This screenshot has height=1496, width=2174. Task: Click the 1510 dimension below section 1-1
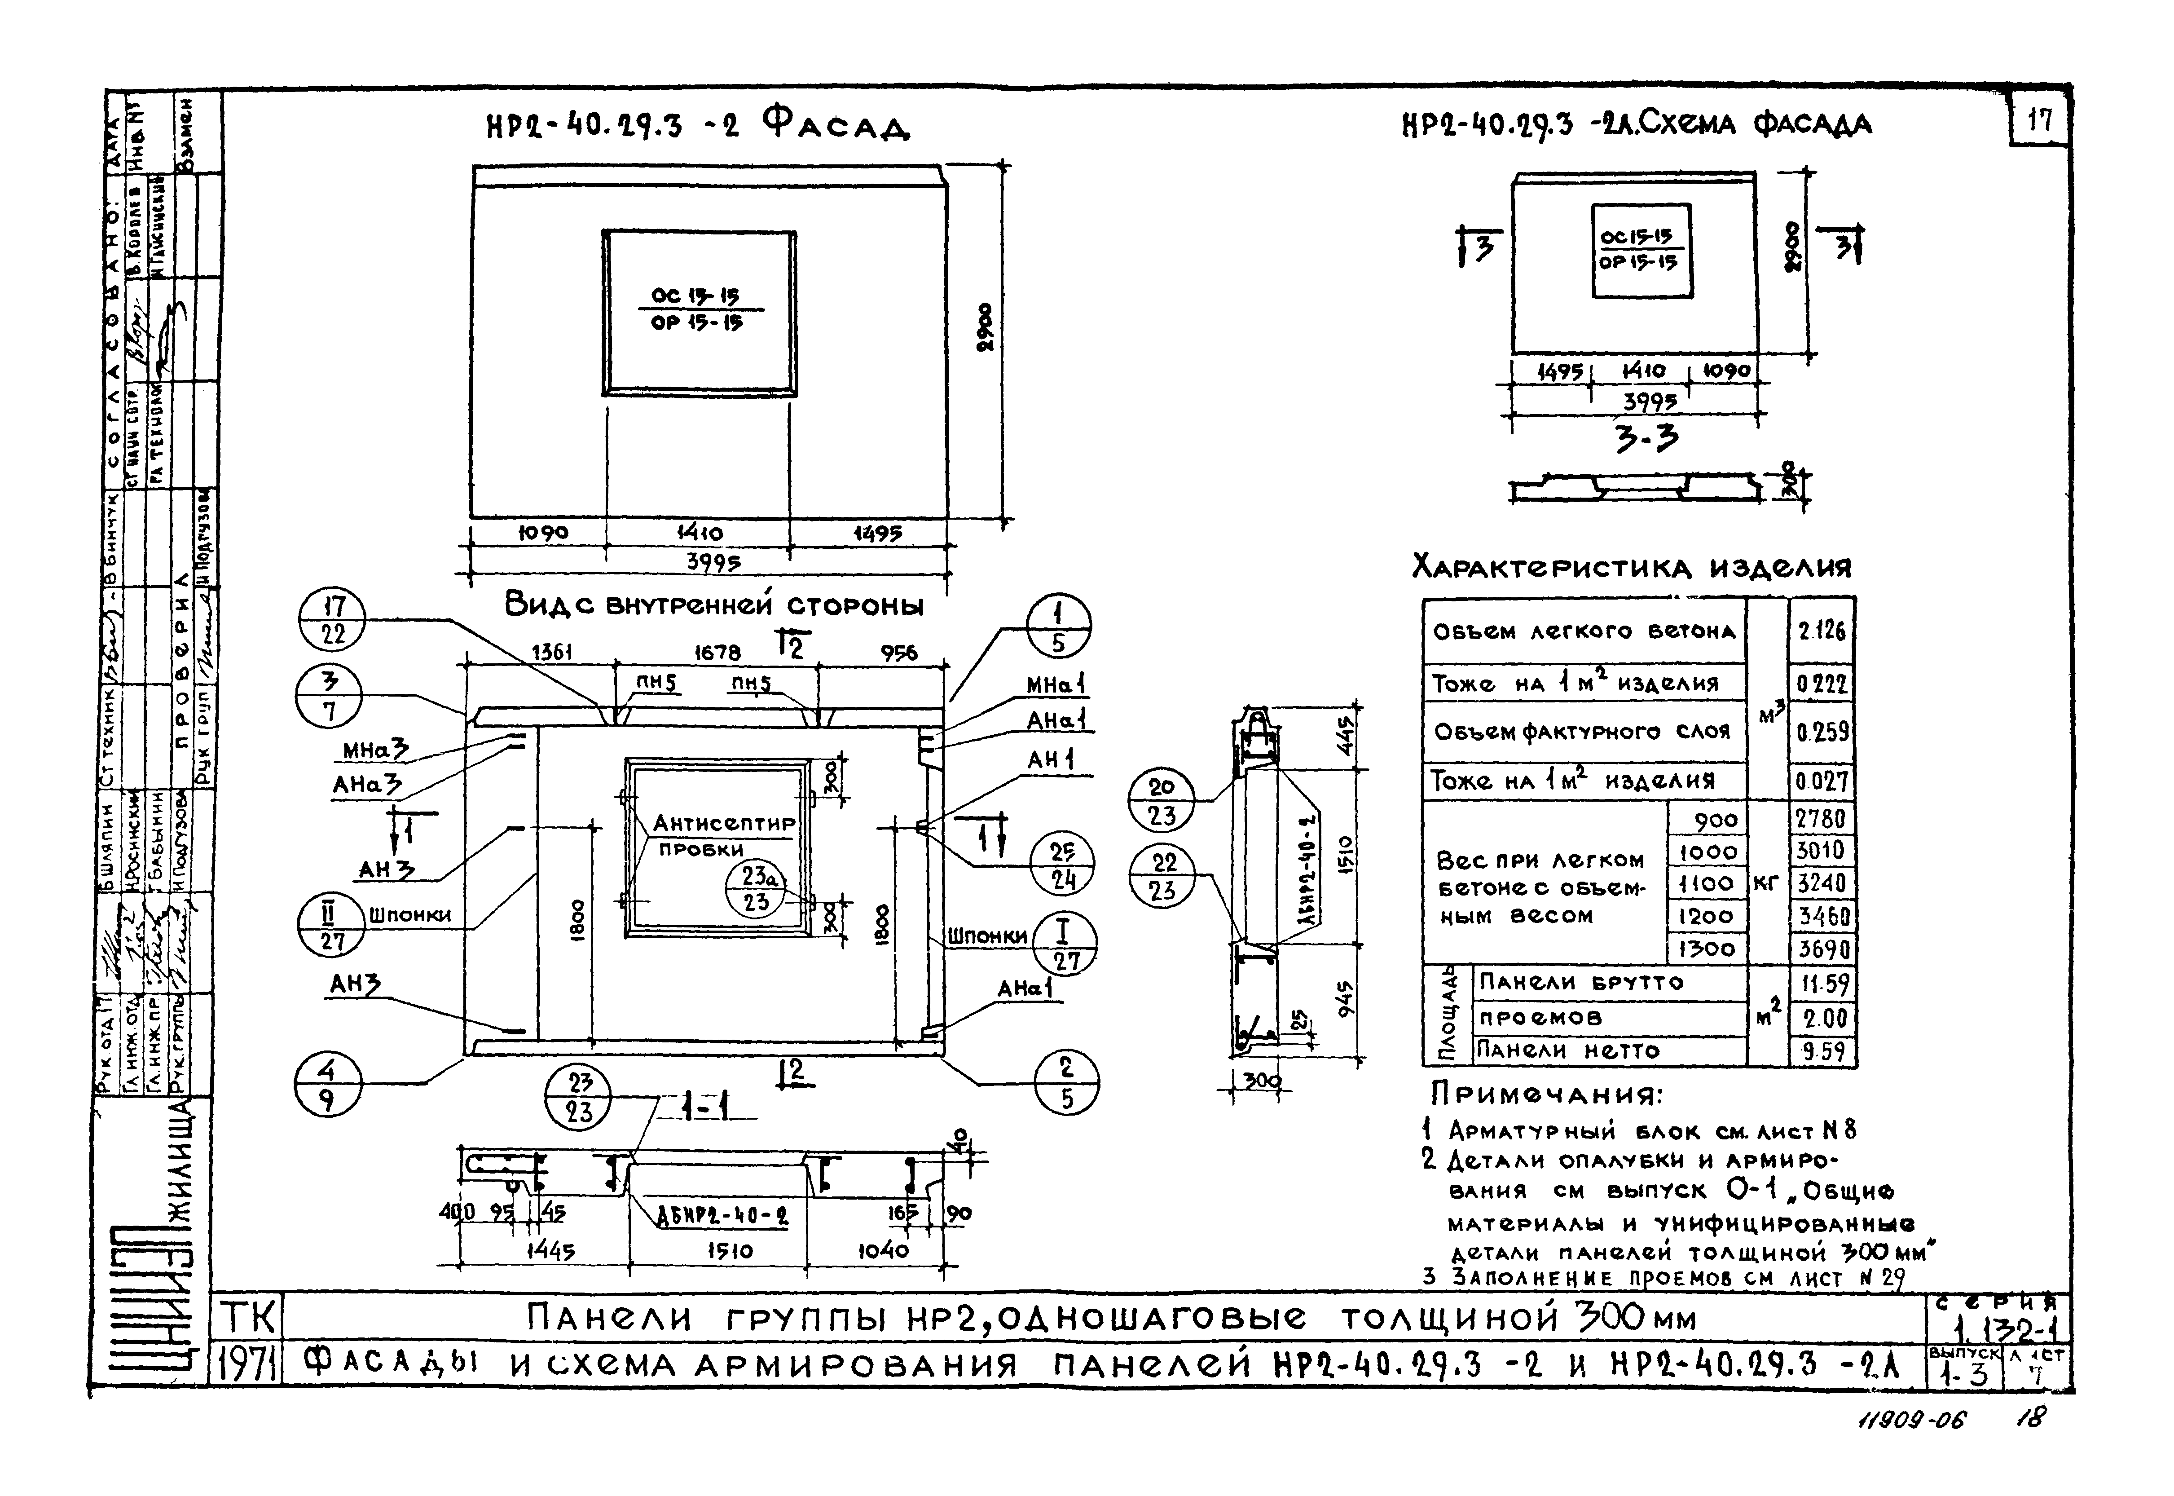pyautogui.click(x=729, y=1250)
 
